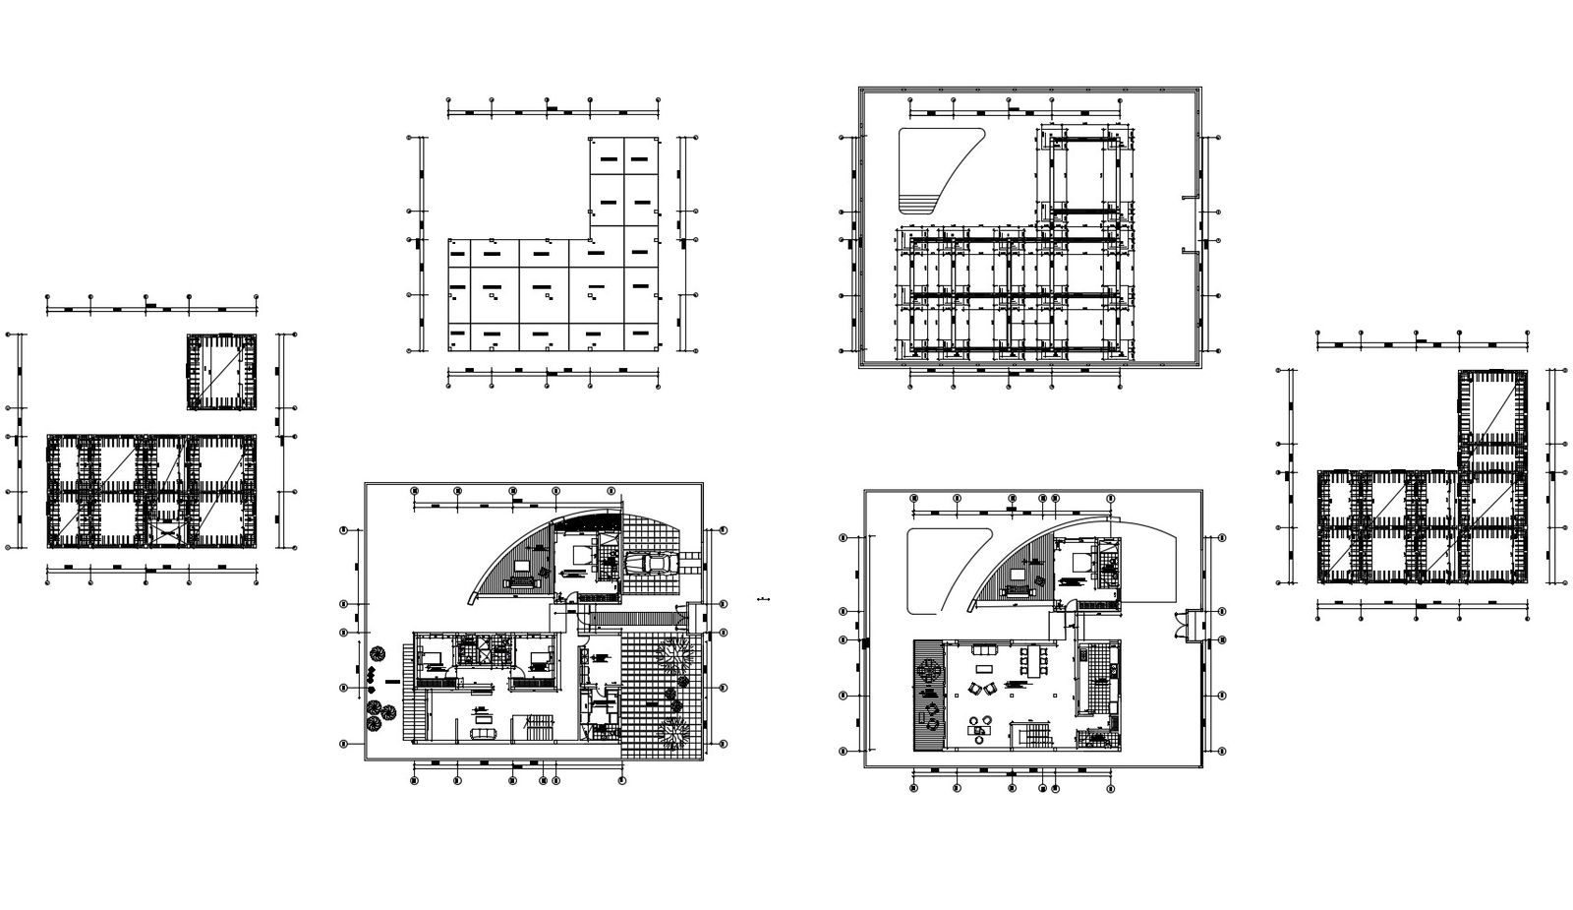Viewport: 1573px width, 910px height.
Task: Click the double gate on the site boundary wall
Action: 1193,627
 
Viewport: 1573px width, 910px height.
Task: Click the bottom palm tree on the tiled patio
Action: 674,733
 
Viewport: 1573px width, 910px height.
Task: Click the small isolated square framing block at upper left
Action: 222,373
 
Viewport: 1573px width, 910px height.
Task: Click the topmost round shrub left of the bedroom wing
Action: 378,652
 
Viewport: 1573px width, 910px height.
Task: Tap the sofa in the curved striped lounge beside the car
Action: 520,579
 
